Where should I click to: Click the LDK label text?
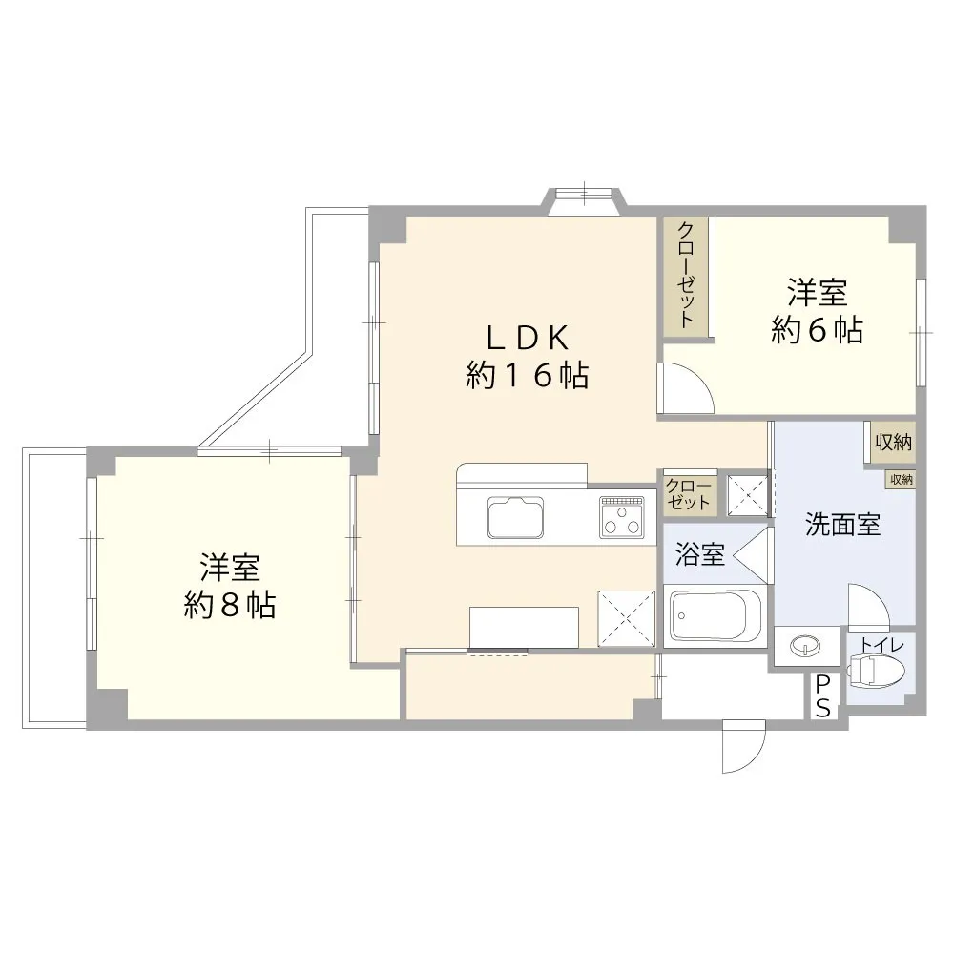[528, 339]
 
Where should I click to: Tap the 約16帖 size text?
[528, 375]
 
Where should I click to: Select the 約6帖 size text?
[817, 330]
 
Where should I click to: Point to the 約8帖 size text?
[230, 606]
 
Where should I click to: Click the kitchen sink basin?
[515, 517]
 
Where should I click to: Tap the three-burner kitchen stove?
[621, 517]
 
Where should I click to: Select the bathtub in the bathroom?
[715, 615]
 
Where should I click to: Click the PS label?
[822, 696]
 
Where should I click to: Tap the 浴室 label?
[699, 554]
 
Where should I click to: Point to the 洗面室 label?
[842, 525]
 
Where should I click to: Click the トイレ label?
[881, 645]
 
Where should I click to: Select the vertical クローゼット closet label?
[687, 276]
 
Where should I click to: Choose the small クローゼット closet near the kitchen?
[690, 494]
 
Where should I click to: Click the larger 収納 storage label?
[893, 443]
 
